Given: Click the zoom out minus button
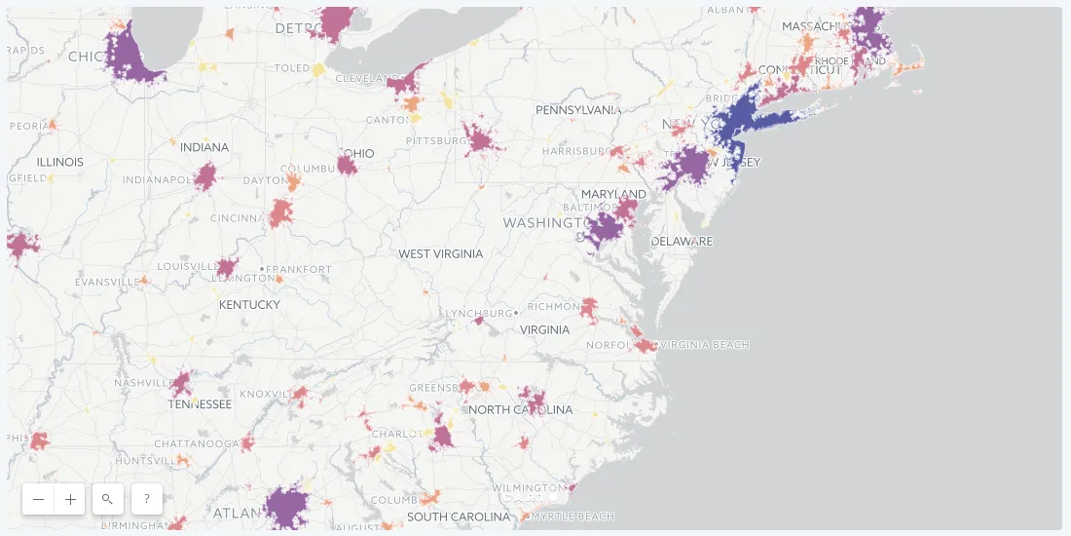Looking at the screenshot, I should tap(38, 499).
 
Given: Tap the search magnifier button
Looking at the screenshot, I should tap(107, 499).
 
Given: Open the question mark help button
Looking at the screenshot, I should tap(147, 499).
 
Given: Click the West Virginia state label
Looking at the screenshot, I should tap(440, 254).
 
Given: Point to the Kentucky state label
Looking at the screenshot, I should tap(249, 305).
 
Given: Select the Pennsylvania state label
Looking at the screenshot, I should tap(578, 110).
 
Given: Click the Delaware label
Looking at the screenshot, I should tap(682, 242).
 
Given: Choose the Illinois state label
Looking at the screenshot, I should tap(60, 162).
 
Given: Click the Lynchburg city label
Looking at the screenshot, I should tap(478, 314).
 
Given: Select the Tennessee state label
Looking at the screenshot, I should tap(200, 404).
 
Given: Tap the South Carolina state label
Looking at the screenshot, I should tap(459, 517).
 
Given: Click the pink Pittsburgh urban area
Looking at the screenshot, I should tap(479, 139).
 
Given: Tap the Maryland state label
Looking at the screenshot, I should tap(613, 194).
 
